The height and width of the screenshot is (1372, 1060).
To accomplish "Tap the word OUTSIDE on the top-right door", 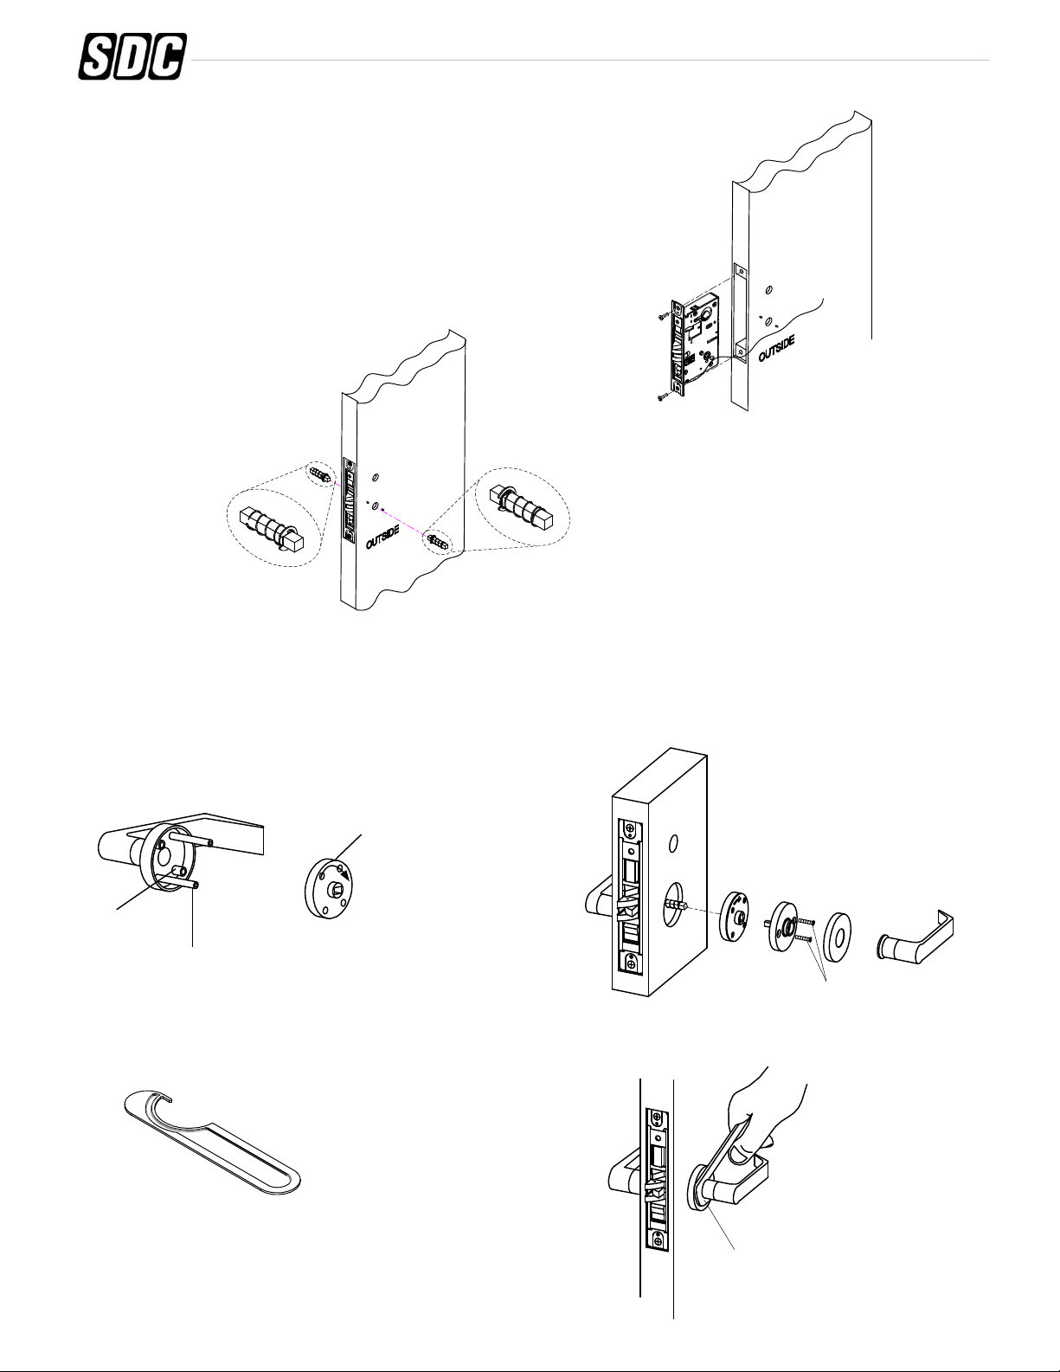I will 776,345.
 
